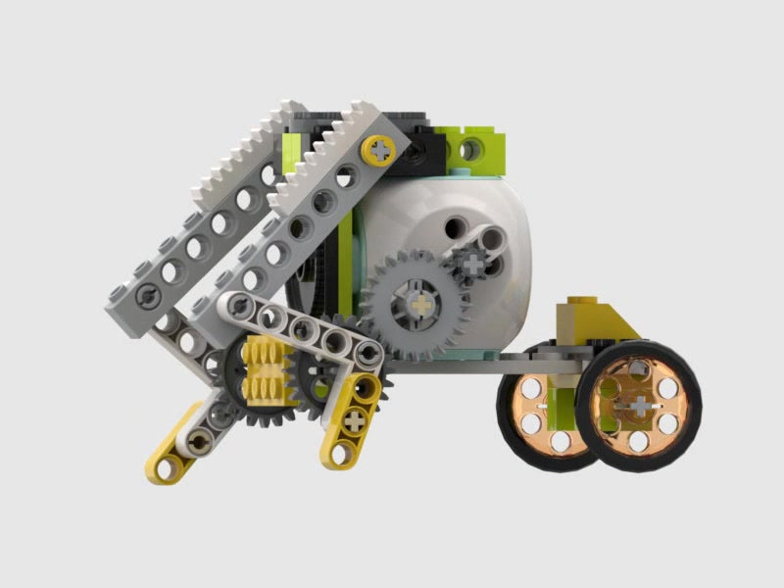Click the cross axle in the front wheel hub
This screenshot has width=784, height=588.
tap(637, 404)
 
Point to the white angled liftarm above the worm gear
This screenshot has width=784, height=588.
tap(294, 323)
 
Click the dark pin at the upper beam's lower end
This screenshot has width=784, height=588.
tap(144, 294)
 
